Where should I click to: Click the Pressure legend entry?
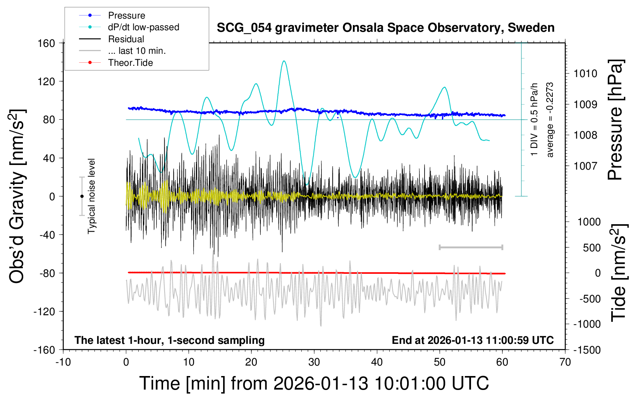(126, 15)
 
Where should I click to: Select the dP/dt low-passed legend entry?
(143, 27)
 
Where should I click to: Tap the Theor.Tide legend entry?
(130, 63)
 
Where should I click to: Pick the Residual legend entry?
(126, 39)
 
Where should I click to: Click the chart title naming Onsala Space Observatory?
(385, 28)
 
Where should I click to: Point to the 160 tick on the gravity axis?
(46, 43)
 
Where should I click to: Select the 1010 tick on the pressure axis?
(585, 74)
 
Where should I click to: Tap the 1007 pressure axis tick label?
(585, 166)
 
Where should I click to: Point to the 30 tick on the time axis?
(314, 362)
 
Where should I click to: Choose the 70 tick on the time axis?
(565, 362)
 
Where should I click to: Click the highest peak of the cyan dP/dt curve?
(284, 61)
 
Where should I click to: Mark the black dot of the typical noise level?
(82, 196)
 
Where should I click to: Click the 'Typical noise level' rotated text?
(91, 196)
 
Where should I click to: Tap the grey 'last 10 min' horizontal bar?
(471, 247)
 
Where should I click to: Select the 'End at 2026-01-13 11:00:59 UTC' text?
(473, 340)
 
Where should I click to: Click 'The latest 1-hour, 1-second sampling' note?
(170, 340)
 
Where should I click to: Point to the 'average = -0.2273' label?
(550, 120)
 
